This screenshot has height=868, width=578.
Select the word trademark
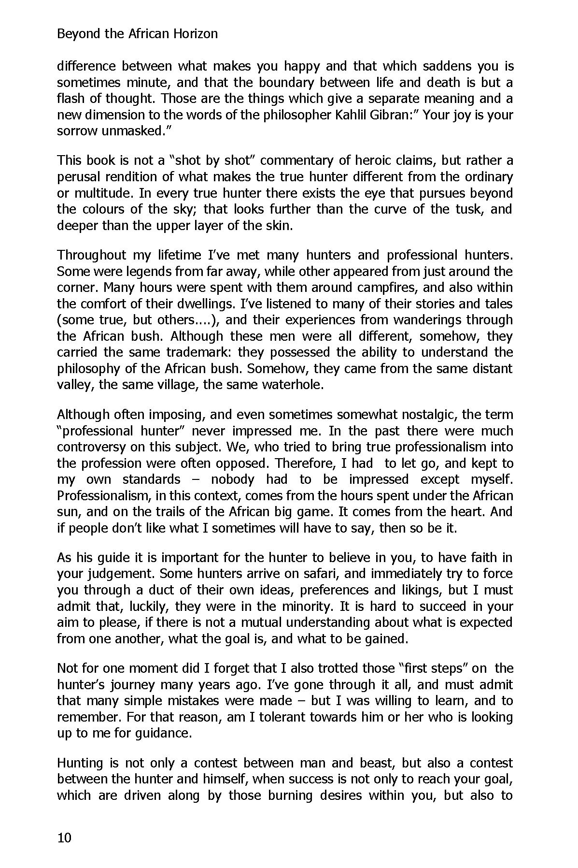[x=198, y=352]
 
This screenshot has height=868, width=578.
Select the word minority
[x=307, y=607]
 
